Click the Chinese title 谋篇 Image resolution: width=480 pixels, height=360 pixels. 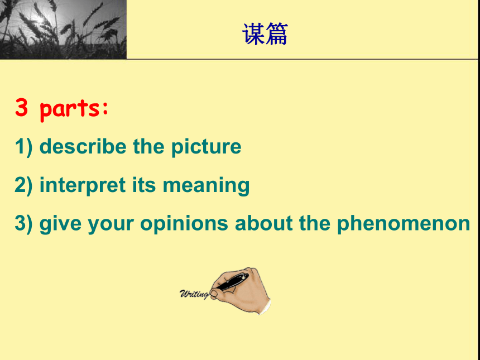coord(265,34)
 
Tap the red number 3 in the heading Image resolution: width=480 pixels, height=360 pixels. coord(21,107)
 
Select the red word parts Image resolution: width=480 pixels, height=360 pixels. coord(74,109)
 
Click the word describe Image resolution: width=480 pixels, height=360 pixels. coord(83,146)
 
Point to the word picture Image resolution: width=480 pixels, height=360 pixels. coord(207,147)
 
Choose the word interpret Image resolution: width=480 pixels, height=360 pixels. coord(83,185)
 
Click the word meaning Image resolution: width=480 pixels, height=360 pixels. coord(206,186)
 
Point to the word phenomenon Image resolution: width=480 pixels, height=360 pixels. coord(404,224)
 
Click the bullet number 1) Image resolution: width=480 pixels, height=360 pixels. coord(23,147)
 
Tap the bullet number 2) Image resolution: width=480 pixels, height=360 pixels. coord(23,185)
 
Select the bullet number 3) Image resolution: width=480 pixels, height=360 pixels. coord(23,224)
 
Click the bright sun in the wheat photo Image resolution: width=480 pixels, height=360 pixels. coord(39,20)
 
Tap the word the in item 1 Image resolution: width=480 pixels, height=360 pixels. coord(149,146)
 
